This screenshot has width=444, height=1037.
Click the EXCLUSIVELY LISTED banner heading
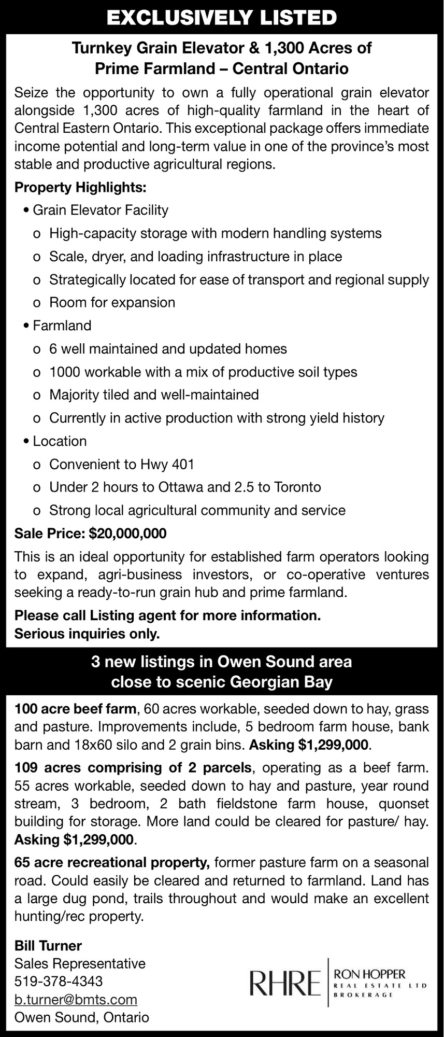pos(222,18)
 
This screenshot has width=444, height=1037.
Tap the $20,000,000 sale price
pos(127,533)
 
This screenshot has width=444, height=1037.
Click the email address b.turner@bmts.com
pos(76,999)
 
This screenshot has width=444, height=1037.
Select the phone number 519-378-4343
pos(59,981)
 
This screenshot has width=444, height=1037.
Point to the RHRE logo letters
pos(284,983)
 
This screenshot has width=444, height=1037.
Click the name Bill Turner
pos(48,945)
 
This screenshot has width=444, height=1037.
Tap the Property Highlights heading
pos(80,187)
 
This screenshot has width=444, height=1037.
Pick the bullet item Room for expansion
pos(112,302)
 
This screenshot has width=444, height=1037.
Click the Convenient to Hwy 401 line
pos(121,464)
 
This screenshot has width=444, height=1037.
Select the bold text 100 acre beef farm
pos(76,708)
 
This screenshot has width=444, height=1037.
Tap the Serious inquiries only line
pos(87,634)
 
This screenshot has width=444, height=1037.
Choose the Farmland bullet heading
pos(62,326)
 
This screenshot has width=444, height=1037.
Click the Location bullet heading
pos(60,441)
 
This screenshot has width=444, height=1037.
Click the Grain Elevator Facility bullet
pos(101,210)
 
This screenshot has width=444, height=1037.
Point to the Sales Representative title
pos(80,963)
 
